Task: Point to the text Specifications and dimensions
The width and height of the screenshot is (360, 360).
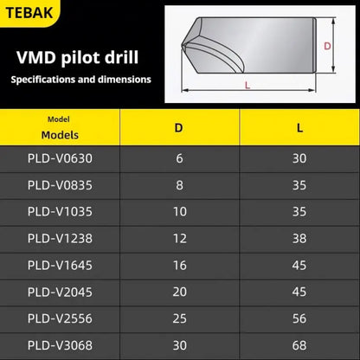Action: click(x=80, y=80)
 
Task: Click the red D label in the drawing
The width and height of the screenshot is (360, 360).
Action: click(x=327, y=46)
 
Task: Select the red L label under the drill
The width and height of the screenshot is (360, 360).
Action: click(x=247, y=84)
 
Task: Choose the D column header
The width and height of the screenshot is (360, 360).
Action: click(x=178, y=128)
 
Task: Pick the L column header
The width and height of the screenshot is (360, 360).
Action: click(x=299, y=128)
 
